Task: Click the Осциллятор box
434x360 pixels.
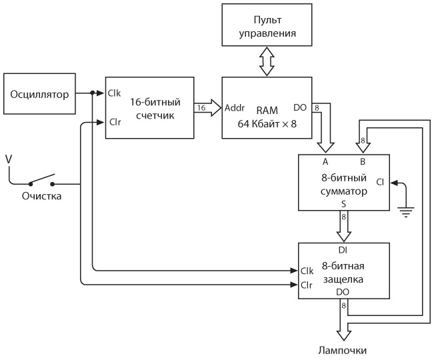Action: pyautogui.click(x=39, y=94)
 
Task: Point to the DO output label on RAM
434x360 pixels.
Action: pyautogui.click(x=301, y=107)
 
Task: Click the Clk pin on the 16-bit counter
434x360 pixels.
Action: pyautogui.click(x=114, y=93)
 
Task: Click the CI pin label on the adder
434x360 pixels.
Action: pyautogui.click(x=379, y=181)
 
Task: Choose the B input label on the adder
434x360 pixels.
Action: pyautogui.click(x=363, y=162)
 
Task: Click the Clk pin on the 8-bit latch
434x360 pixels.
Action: pyautogui.click(x=307, y=271)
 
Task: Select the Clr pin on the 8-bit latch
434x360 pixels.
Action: pyautogui.click(x=307, y=285)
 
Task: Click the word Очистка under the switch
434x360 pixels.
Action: pyautogui.click(x=42, y=197)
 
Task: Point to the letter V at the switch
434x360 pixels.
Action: pyautogui.click(x=8, y=159)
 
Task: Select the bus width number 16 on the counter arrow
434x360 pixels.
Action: pyautogui.click(x=201, y=107)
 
